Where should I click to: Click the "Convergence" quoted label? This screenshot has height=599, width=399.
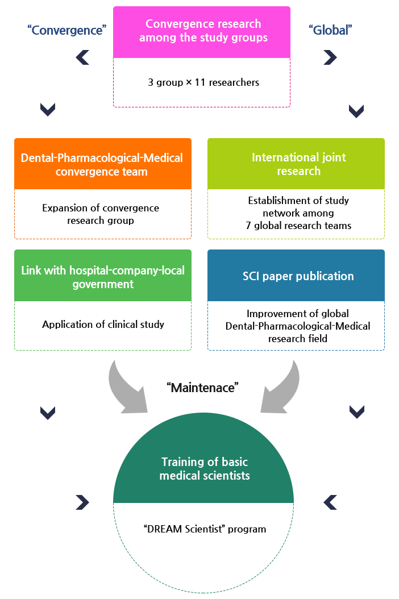[67, 30]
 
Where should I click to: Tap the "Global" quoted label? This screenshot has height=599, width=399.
[330, 30]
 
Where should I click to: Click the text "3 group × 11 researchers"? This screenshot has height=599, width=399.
[203, 82]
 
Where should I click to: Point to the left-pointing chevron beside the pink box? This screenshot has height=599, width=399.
[82, 57]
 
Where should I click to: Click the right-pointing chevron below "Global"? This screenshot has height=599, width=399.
[330, 57]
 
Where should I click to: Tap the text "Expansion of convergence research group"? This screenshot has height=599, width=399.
[101, 214]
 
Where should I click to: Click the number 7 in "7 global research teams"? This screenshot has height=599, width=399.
[248, 226]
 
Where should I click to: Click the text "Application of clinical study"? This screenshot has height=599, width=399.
[103, 325]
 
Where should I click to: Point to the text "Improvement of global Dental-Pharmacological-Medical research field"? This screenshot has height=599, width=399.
[298, 326]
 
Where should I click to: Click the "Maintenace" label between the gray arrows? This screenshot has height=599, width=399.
[202, 388]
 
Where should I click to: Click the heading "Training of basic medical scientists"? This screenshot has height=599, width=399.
[205, 468]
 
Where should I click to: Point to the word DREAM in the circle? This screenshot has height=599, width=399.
[165, 529]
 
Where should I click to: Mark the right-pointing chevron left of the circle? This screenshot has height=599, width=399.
[82, 502]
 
